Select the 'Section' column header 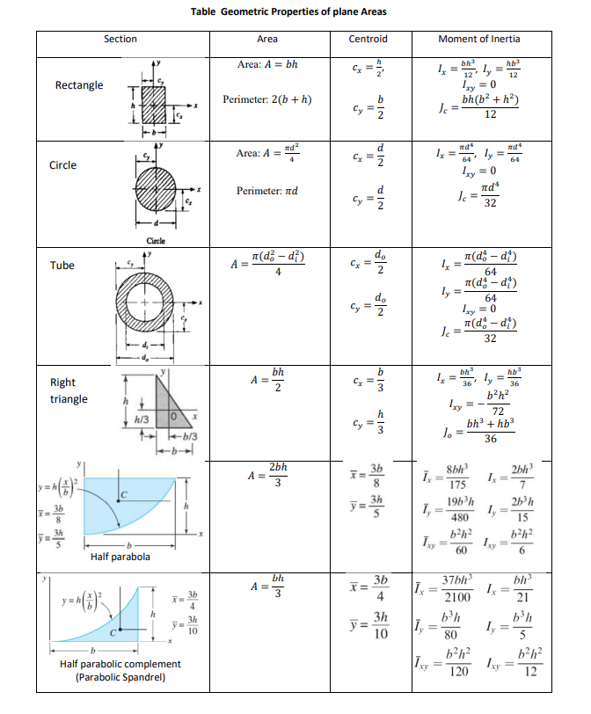point(120,39)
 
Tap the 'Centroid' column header point(368,39)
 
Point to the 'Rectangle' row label point(78,85)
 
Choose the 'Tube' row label point(62,265)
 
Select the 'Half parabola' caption point(120,557)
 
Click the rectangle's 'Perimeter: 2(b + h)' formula point(267,98)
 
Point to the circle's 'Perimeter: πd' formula point(267,190)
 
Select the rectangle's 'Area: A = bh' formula point(267,65)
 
